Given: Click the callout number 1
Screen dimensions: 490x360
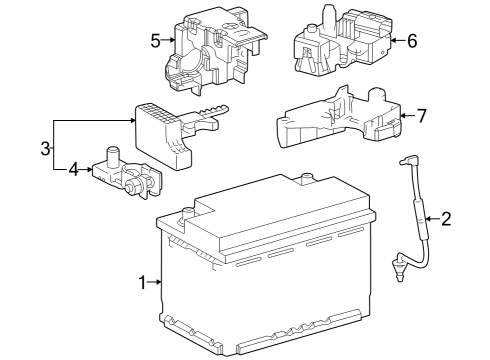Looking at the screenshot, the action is coord(142,283).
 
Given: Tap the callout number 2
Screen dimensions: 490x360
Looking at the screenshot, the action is coord(446,219).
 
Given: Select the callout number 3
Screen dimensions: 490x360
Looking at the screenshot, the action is coord(45,148).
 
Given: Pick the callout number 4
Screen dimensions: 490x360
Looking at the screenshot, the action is coord(73,170).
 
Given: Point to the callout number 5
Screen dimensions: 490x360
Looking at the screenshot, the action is coord(155,41).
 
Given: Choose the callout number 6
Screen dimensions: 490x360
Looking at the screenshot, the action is coord(412,41).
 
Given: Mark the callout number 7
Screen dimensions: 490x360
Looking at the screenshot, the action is coord(422,116).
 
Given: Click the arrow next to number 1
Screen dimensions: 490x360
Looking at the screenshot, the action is coord(154,282).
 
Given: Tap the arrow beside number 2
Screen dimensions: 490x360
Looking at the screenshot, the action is coord(433,219).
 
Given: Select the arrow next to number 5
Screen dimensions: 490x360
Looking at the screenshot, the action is coord(168,41).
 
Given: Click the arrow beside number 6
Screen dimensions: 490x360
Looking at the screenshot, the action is coord(398,41).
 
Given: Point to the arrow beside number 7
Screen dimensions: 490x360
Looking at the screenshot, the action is coord(408,116).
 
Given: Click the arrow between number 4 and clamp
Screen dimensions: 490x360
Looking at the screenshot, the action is coord(85,170).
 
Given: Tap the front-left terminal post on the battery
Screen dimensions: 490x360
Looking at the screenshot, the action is coord(186,215).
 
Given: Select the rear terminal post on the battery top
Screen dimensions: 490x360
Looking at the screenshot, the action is coord(306,178).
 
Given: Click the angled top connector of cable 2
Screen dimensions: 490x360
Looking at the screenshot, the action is coord(407,161).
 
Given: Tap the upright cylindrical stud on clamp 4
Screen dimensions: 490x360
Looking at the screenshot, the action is coord(113,155).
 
